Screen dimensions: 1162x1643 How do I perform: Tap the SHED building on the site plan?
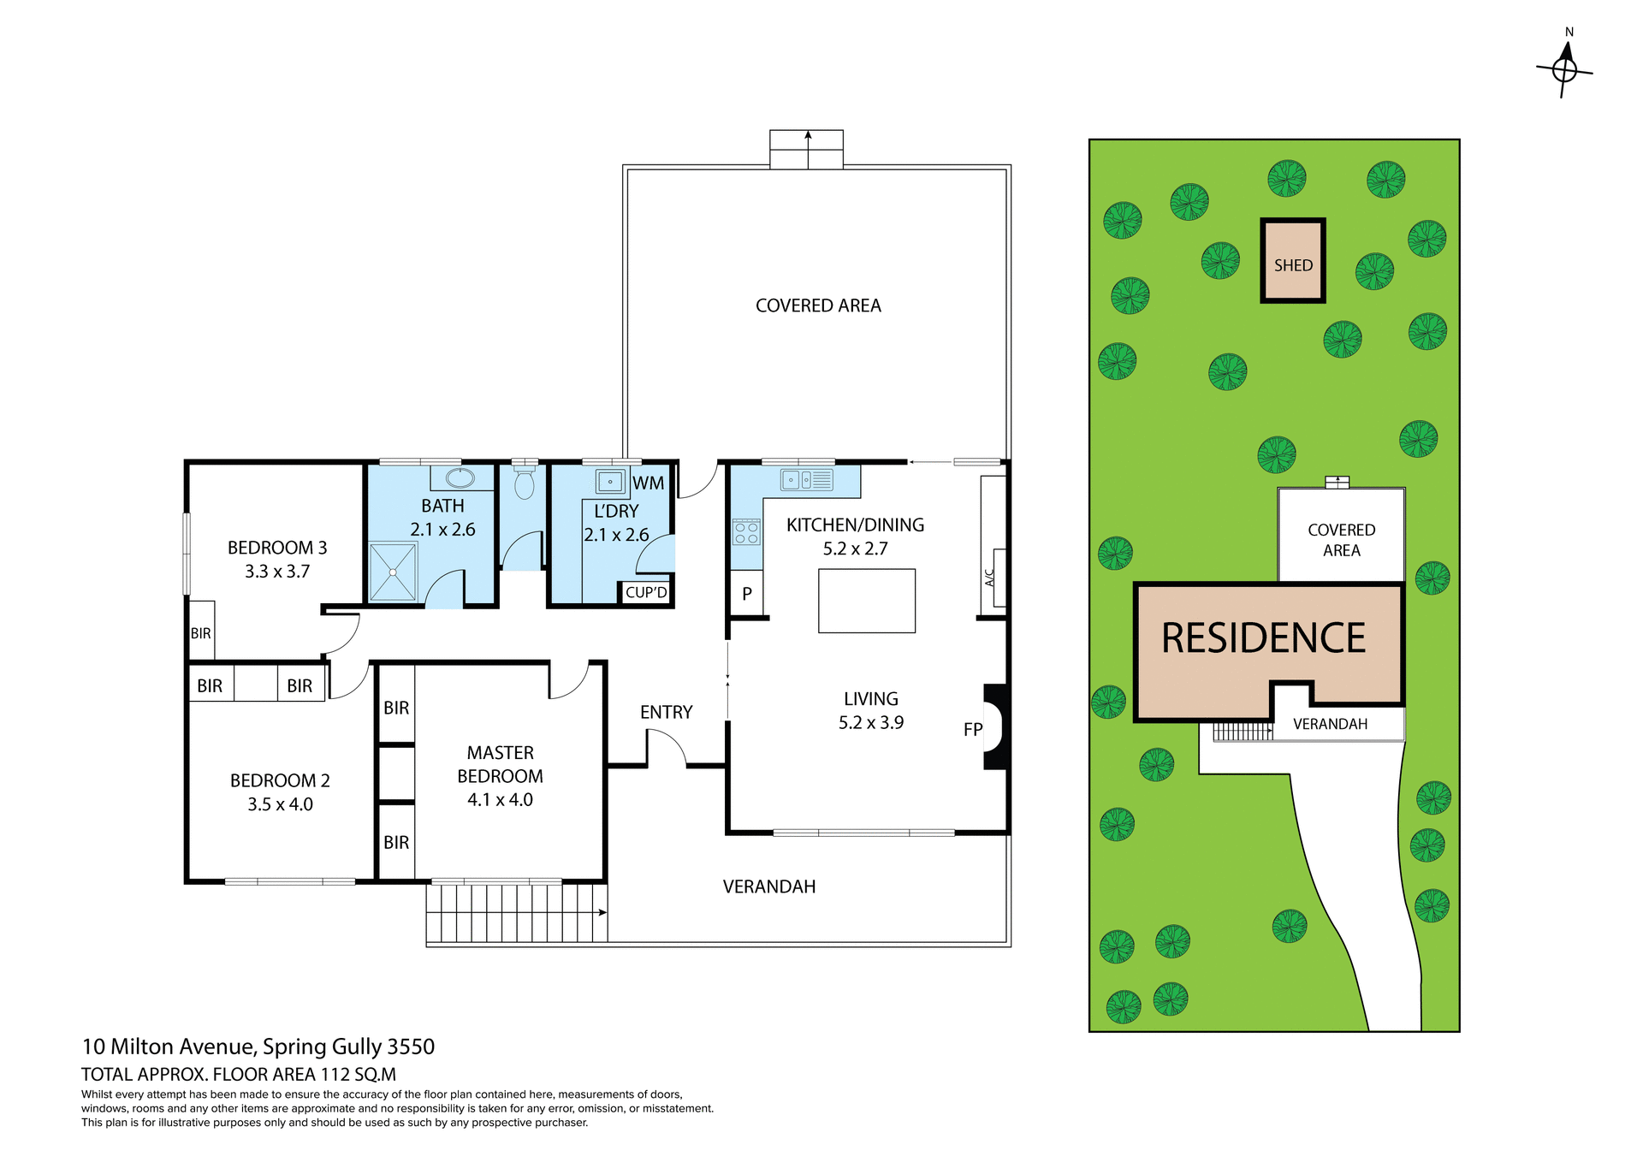1292,261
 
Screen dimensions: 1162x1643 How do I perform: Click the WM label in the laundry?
648,483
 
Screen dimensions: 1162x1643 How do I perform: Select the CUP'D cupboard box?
646,592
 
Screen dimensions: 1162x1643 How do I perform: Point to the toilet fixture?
524,483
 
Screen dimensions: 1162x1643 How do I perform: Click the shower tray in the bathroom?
393,572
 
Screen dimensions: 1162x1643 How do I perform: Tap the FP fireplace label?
973,730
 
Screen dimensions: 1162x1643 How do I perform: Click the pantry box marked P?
746,593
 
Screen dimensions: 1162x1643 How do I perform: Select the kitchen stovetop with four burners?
746,533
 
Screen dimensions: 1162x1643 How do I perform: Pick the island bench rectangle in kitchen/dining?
866,601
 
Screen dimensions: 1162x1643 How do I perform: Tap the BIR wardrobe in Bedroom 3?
201,631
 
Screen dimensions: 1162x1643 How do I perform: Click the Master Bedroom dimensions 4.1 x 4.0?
500,800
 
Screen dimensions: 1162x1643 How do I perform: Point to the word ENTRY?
666,712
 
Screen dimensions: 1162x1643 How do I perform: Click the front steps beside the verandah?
516,912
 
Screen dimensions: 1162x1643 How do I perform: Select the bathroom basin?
460,477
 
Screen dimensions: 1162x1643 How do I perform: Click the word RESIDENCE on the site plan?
1263,638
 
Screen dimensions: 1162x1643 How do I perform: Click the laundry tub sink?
610,482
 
